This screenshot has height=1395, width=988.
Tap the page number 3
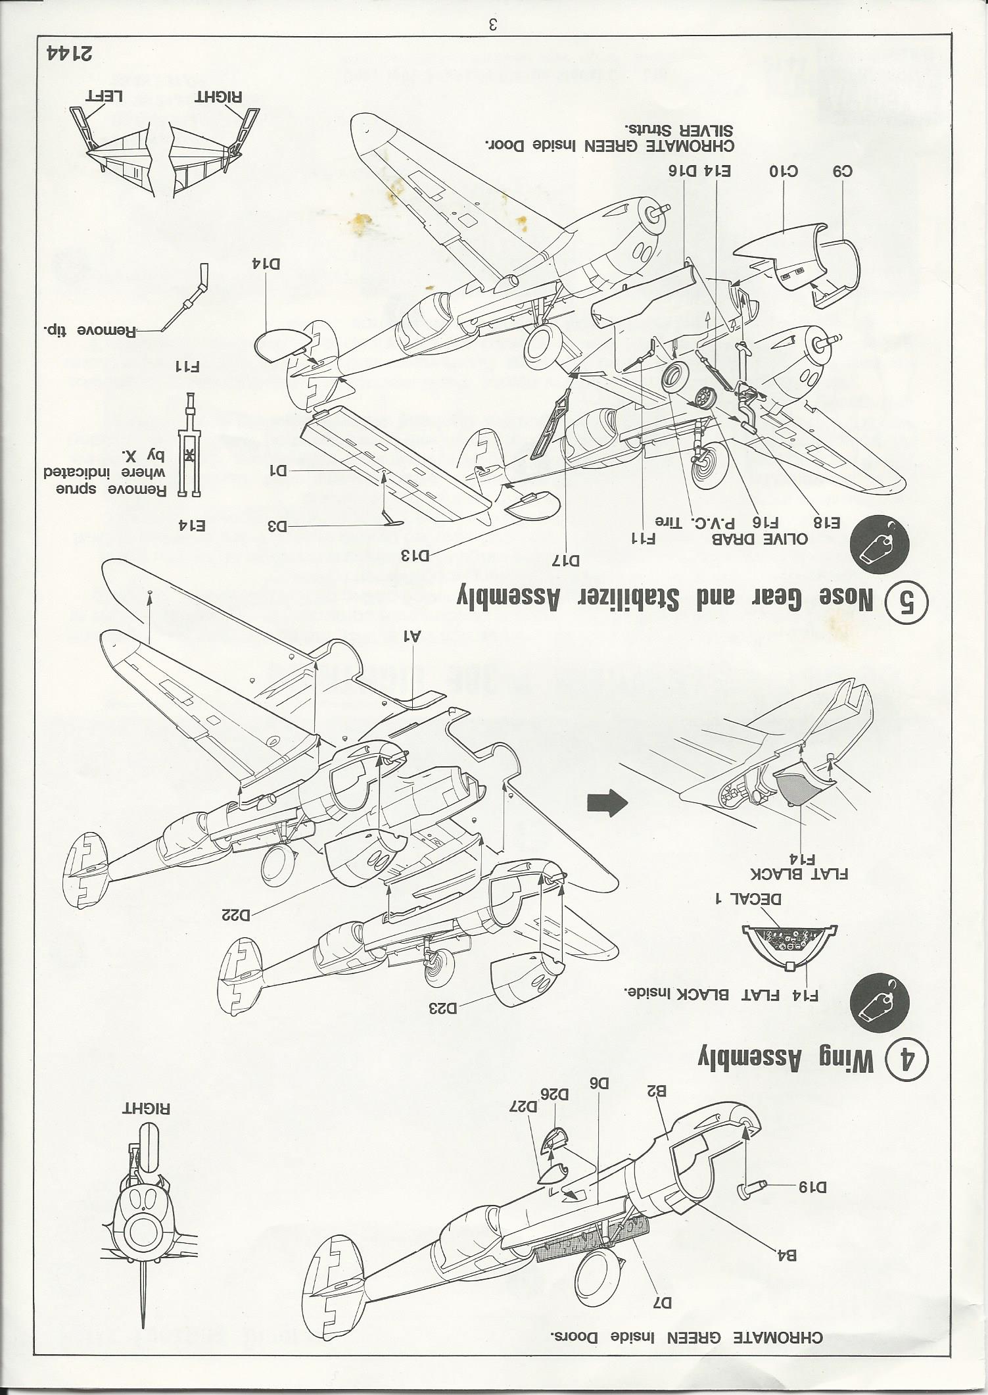[494, 25]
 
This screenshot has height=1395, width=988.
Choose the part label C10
[783, 172]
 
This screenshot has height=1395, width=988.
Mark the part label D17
[565, 561]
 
